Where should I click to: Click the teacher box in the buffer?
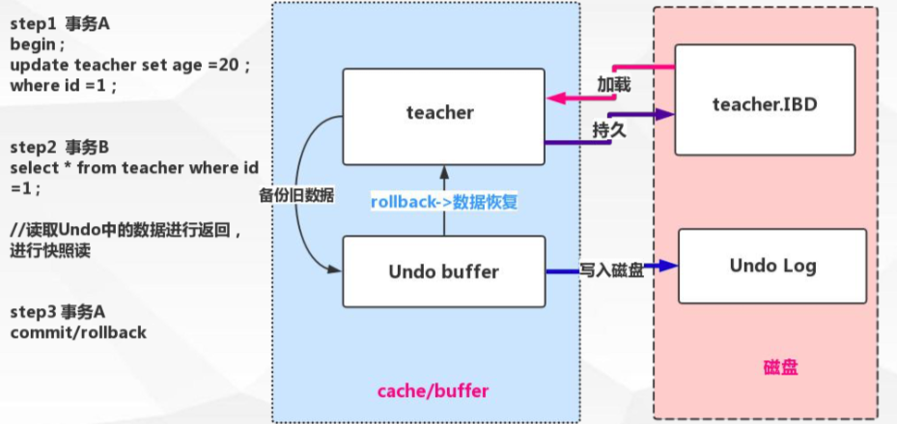point(439,113)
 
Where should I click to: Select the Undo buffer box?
point(443,271)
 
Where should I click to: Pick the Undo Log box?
point(772,265)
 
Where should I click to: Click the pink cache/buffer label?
point(432,390)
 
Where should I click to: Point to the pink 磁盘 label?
point(780,368)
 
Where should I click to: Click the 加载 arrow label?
point(613,85)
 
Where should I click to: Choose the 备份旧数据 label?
point(296,194)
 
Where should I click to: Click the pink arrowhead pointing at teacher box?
point(553,98)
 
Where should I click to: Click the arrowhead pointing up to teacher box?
point(443,172)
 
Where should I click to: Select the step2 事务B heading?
point(59,148)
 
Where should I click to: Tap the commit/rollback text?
point(78,331)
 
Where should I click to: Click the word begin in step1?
point(35,45)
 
